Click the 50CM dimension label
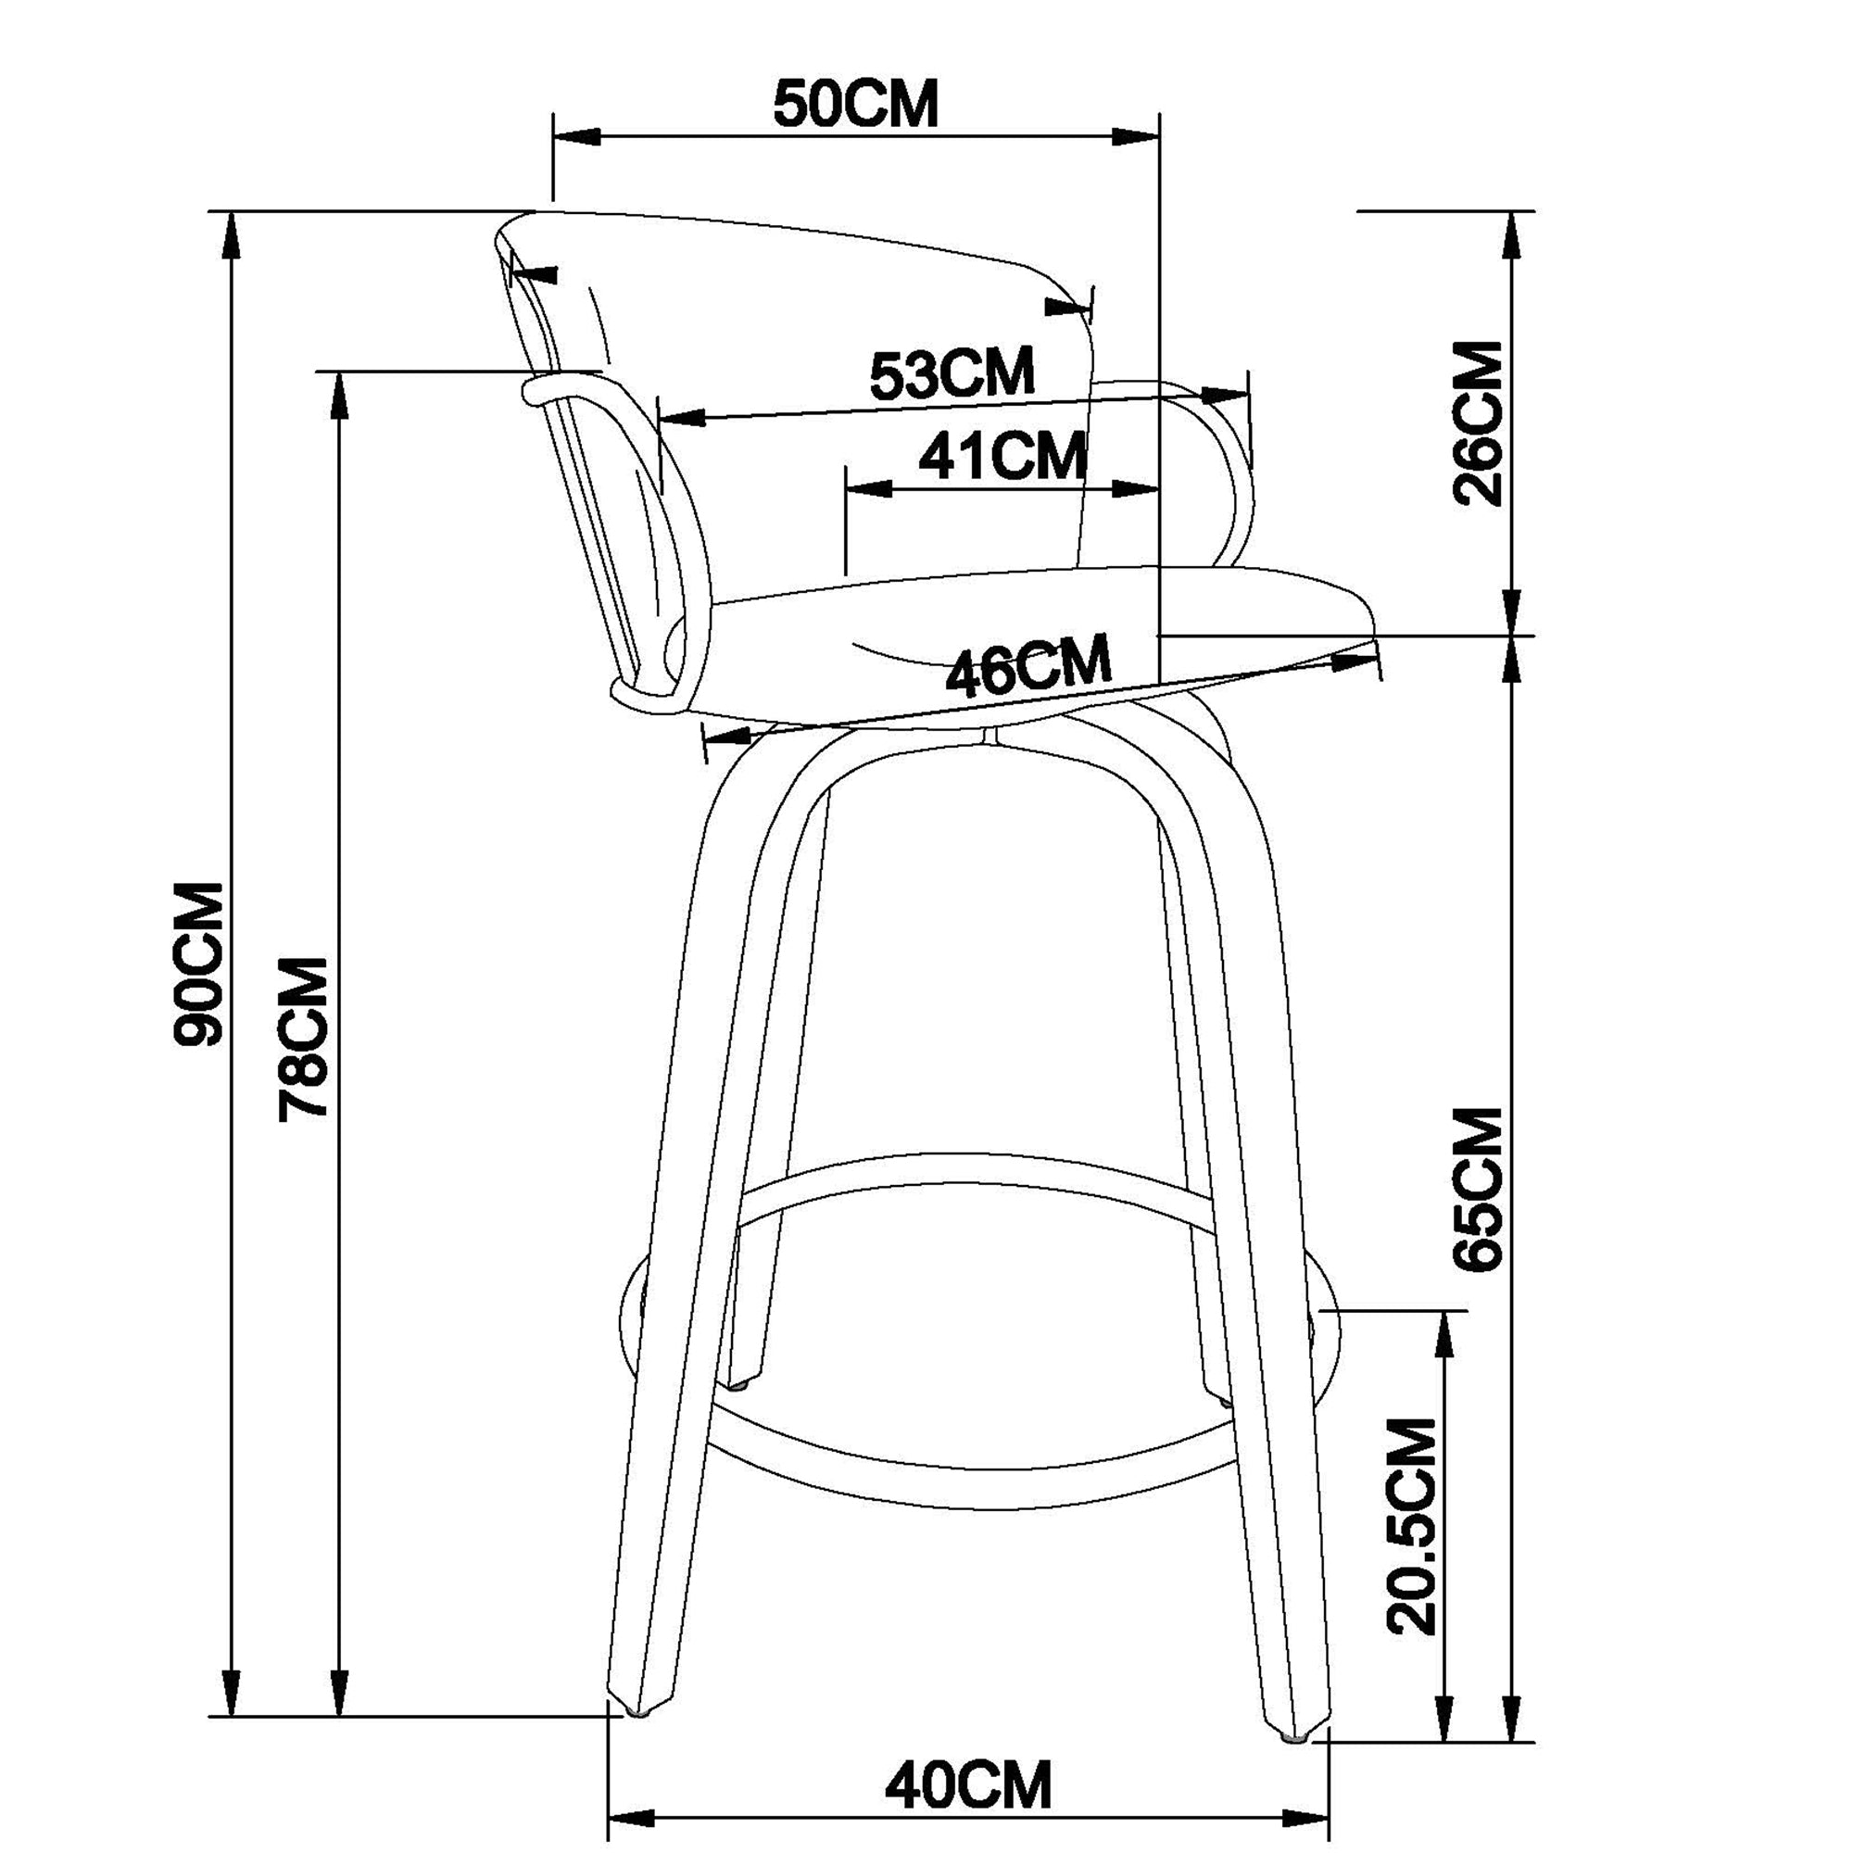tap(855, 105)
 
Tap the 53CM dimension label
tap(952, 374)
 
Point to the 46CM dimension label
tap(1027, 663)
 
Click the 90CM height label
tap(198, 963)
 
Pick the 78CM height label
tap(303, 1038)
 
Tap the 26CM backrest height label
tap(1478, 423)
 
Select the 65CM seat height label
tap(1478, 1191)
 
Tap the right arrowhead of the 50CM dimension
tap(1136, 137)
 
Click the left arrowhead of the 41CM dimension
tap(867, 489)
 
